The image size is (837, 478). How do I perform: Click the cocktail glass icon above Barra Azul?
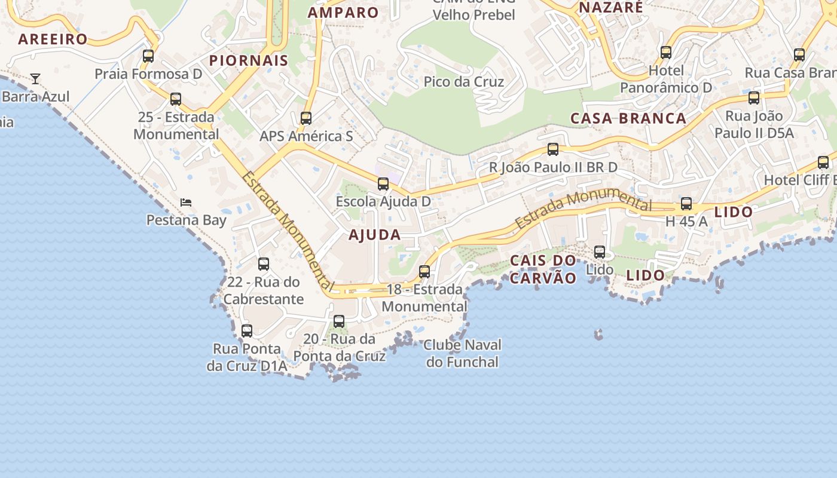pos(35,78)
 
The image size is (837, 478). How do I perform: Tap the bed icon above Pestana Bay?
pos(186,203)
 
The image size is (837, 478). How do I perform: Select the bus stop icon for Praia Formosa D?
pos(148,56)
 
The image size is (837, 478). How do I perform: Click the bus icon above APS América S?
pos(306,118)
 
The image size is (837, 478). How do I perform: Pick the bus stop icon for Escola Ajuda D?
pos(383,183)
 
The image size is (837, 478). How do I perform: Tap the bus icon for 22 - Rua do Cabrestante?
pos(264,263)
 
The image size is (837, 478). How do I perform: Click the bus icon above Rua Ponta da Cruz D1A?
pos(246,330)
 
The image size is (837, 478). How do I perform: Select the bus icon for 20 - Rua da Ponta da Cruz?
pos(339,321)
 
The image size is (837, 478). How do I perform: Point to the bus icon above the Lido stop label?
pos(600,252)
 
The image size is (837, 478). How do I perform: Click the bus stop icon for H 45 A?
pos(686,204)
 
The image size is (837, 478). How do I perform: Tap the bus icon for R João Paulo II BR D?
pos(553,149)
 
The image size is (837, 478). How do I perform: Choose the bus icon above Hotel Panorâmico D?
pos(666,53)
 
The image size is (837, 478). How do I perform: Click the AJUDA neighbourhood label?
pos(375,235)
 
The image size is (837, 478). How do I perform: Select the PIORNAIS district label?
pos(249,60)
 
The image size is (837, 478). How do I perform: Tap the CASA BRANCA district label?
pos(628,118)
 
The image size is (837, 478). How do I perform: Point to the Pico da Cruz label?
pos(464,82)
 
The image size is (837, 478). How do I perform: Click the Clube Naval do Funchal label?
pos(463,353)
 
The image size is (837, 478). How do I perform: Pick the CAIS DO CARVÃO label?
pos(543,269)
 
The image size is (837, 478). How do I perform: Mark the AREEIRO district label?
pos(53,39)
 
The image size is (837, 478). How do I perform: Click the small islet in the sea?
pos(598,335)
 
